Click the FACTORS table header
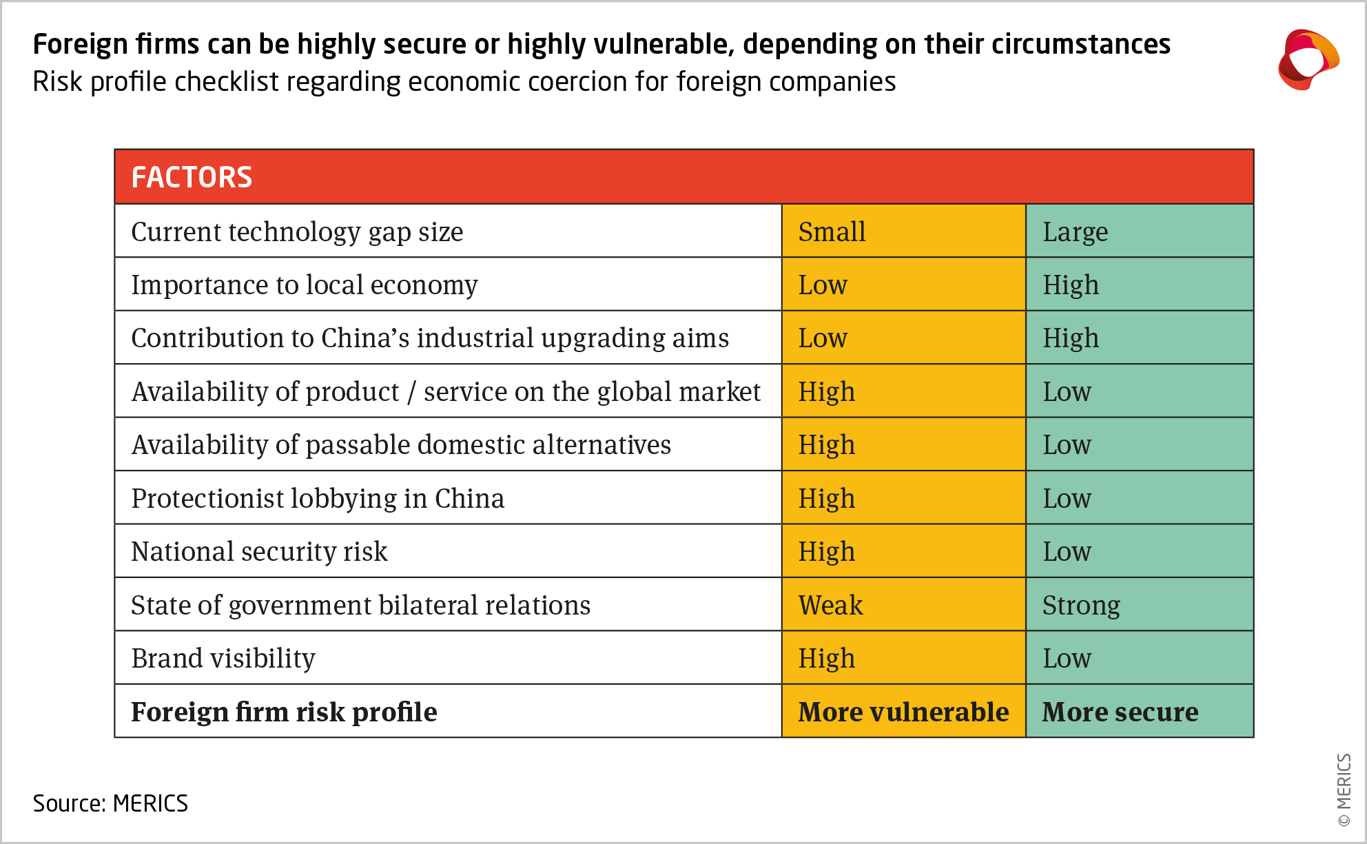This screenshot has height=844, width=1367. coord(192,177)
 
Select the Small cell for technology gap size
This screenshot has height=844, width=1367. coord(832,231)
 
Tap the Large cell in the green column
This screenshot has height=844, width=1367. coord(1075,231)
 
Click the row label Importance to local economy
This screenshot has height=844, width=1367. coord(304,285)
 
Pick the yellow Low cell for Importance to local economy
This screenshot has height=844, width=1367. coord(823,285)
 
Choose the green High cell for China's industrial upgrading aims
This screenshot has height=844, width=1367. coord(1070,338)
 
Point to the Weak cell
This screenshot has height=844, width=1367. coord(830,605)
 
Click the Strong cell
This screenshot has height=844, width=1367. coord(1080,605)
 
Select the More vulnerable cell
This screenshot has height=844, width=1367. coord(903,712)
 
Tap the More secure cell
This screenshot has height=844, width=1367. coord(1120,712)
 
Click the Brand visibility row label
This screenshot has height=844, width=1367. coord(223,658)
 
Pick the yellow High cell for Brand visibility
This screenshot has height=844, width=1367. coord(826,658)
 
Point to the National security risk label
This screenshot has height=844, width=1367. coord(259,551)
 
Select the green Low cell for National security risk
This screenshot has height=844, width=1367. coord(1067,551)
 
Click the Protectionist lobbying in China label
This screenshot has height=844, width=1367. coord(318,498)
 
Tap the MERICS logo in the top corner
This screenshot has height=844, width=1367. coord(1307,60)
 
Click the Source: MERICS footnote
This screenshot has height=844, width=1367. coord(110,803)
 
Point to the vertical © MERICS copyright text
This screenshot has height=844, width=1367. coord(1344,789)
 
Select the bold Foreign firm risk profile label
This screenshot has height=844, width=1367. coord(284,712)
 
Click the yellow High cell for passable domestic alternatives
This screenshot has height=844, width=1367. coord(826,445)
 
